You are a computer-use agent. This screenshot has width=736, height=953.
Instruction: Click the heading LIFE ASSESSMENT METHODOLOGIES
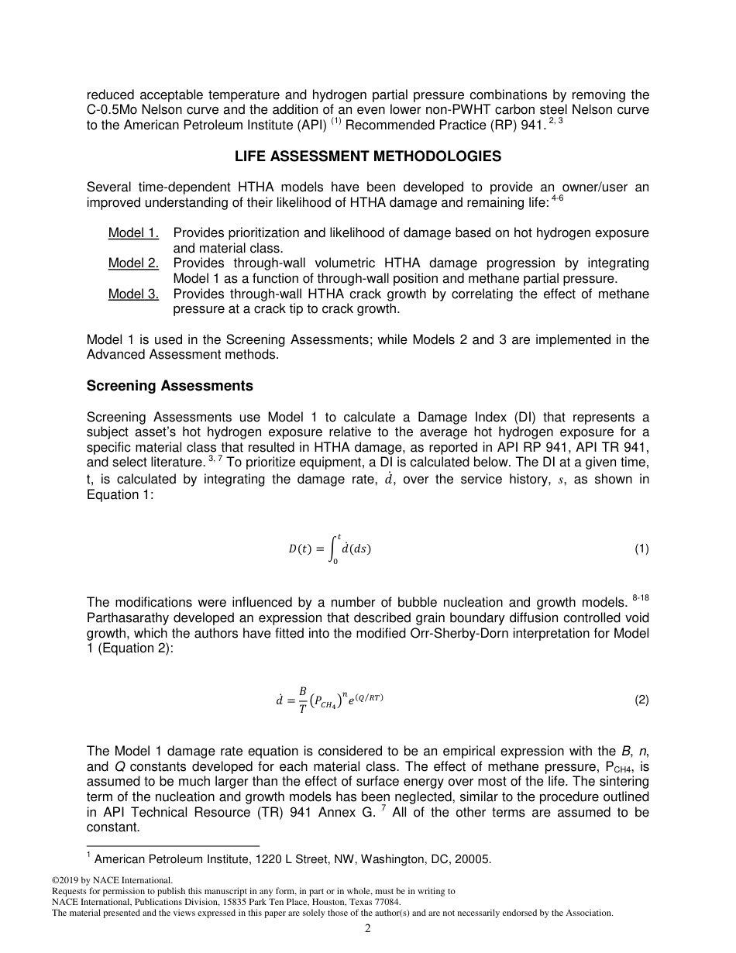pos(368,157)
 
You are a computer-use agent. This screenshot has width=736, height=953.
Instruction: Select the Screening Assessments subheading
pos(170,386)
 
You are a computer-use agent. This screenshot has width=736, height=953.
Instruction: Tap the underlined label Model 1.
pos(133,233)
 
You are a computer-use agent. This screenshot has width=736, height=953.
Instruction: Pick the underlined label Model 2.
pos(133,263)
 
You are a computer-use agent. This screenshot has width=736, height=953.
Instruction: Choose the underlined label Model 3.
pos(133,294)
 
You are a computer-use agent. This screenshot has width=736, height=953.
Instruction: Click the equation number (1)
pos(641,549)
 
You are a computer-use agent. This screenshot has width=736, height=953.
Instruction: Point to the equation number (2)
pos(641,700)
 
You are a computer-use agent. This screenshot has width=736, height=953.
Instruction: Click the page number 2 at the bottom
pos(368,929)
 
